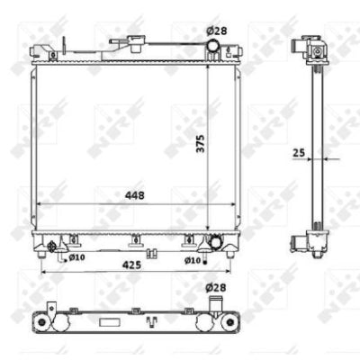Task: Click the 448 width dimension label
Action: [135, 195]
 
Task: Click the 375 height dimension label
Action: [201, 143]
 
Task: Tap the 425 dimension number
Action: [131, 265]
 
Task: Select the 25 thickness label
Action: [299, 153]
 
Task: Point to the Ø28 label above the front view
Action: [217, 31]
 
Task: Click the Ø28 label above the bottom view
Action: [216, 288]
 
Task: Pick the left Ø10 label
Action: [76, 257]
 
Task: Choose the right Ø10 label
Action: [193, 260]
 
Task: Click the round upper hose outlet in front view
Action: [213, 46]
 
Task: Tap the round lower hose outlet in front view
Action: [216, 243]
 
